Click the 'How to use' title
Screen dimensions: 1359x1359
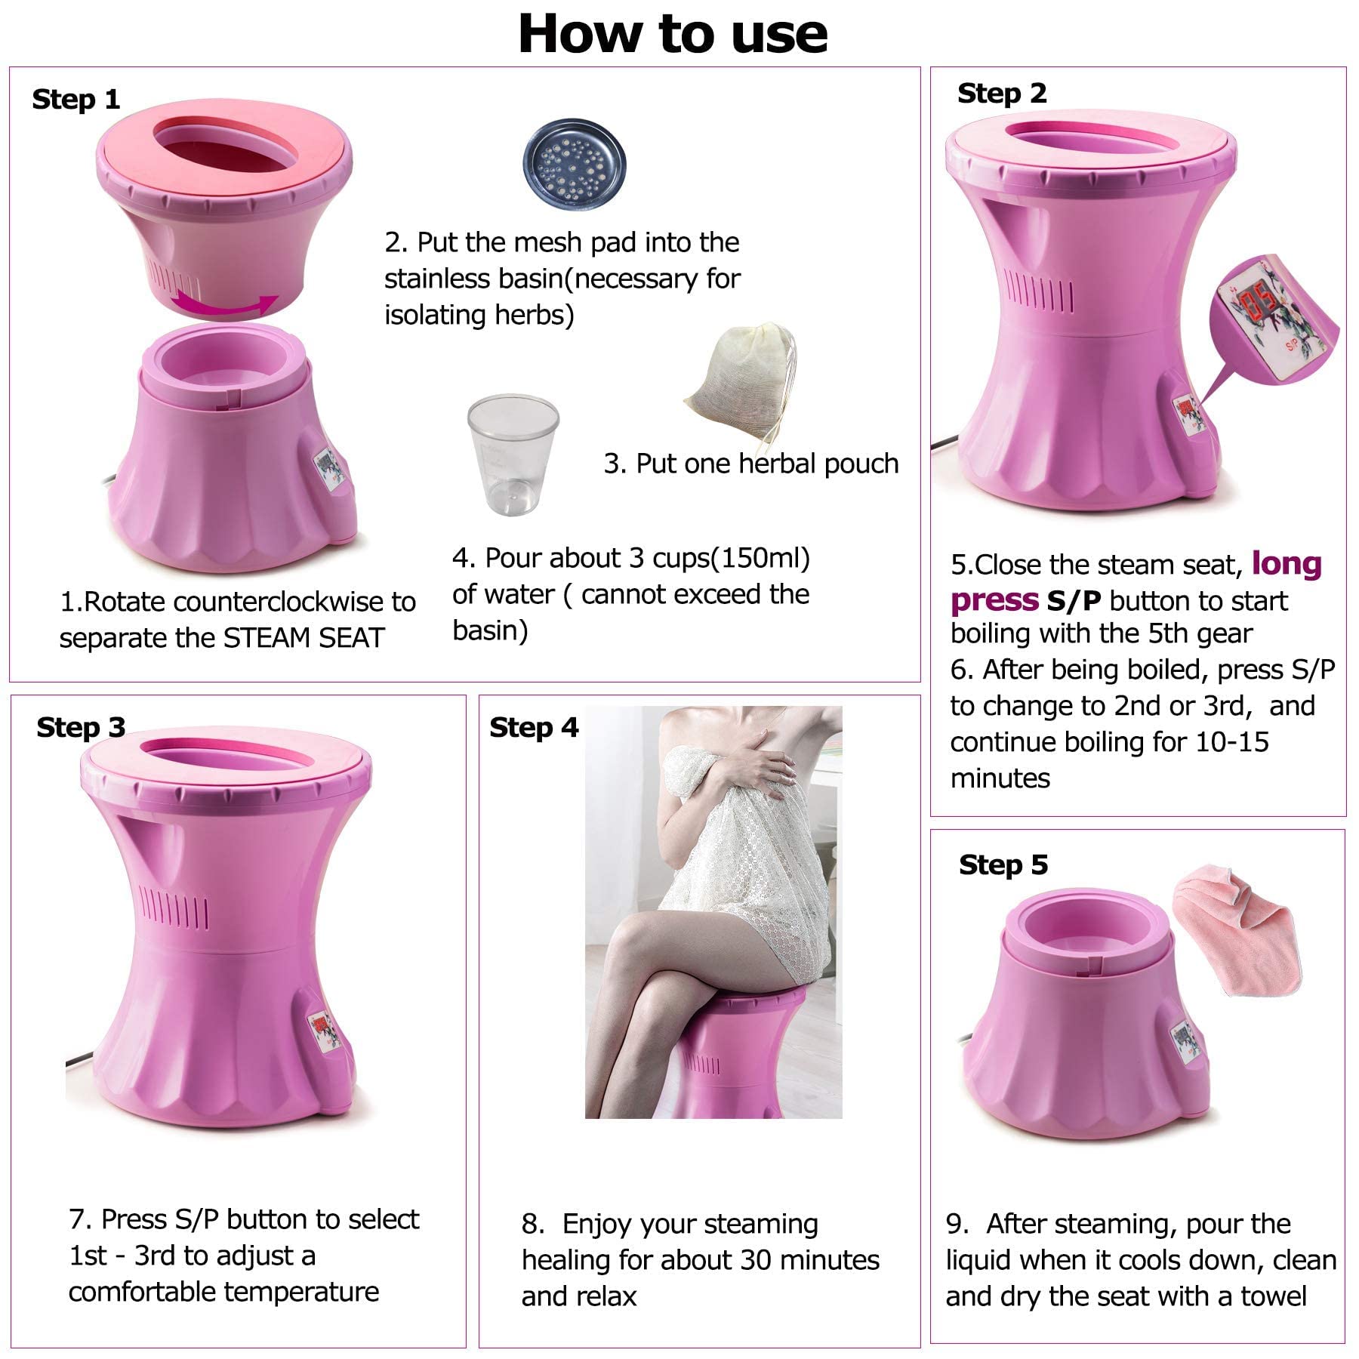tap(673, 34)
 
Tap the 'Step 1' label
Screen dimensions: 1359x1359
tap(76, 100)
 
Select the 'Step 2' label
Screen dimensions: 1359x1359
tap(1002, 94)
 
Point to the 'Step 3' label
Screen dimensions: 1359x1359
tap(81, 727)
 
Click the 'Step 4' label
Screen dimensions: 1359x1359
tap(534, 727)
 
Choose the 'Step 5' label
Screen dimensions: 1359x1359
tap(1003, 864)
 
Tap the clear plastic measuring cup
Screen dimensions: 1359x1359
tap(513, 455)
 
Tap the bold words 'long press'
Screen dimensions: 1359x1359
tap(1136, 582)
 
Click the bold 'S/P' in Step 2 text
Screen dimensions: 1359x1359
tap(1074, 601)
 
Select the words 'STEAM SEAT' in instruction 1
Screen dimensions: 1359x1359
tap(304, 639)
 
